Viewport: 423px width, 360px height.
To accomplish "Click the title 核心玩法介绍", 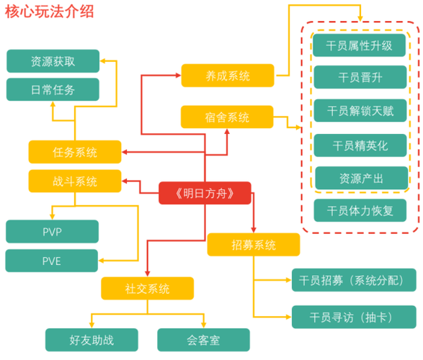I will tap(49, 12).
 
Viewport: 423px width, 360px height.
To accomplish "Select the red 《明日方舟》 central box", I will tap(205, 192).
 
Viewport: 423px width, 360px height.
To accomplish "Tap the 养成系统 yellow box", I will tap(227, 75).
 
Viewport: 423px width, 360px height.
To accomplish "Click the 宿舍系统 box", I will tap(227, 117).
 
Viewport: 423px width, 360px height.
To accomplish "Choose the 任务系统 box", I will tap(75, 152).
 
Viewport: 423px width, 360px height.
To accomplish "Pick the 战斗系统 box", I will tap(75, 181).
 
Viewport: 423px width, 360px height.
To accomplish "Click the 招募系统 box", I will tap(253, 245).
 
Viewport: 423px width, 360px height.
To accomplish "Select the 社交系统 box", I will tap(148, 289).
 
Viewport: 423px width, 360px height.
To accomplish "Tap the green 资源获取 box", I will tap(53, 61).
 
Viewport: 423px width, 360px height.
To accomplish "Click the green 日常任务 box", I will tap(53, 90).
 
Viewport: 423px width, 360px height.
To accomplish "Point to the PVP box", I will tap(52, 231).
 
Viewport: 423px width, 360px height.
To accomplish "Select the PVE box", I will tap(52, 261).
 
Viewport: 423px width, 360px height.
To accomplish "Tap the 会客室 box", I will tap(203, 339).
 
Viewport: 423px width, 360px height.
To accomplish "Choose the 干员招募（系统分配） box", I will tap(354, 280).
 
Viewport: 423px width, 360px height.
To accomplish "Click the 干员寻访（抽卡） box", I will tap(354, 317).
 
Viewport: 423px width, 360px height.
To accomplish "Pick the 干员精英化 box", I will tap(360, 145).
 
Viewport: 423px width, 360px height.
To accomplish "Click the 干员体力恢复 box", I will tap(360, 210).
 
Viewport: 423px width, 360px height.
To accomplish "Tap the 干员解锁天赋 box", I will tap(360, 111).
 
